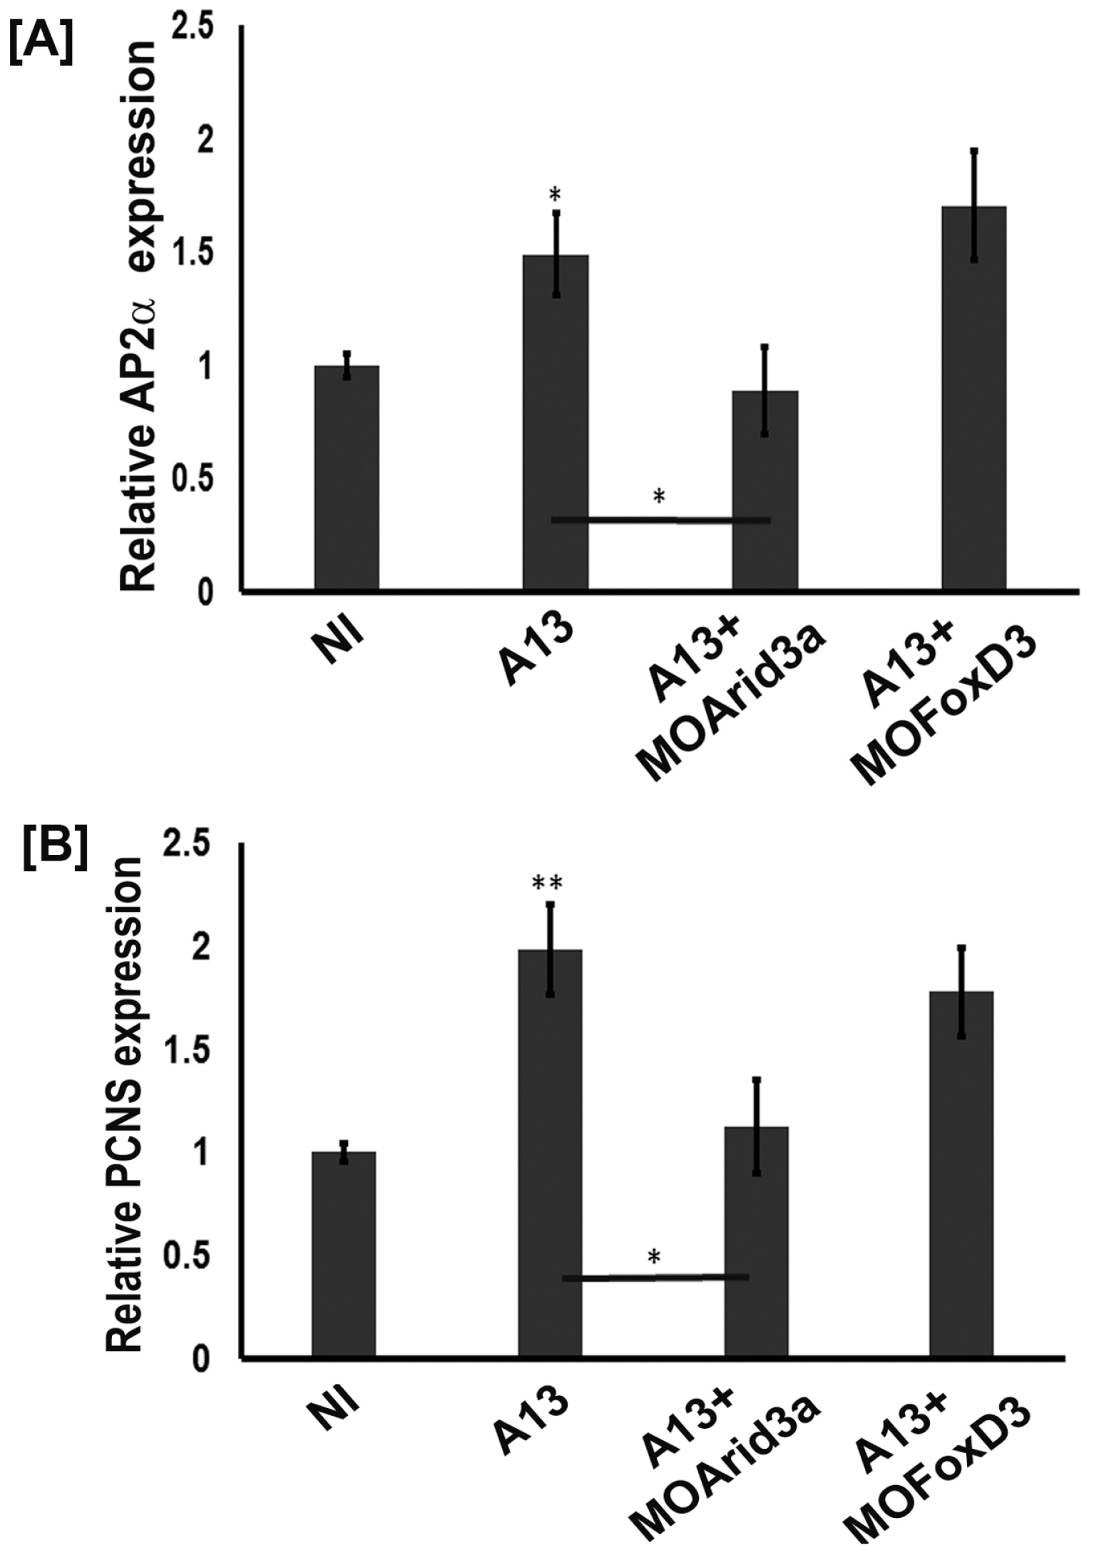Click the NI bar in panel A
point(347,478)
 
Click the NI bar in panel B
point(344,1255)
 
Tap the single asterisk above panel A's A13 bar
point(556,194)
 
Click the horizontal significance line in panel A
point(660,520)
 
